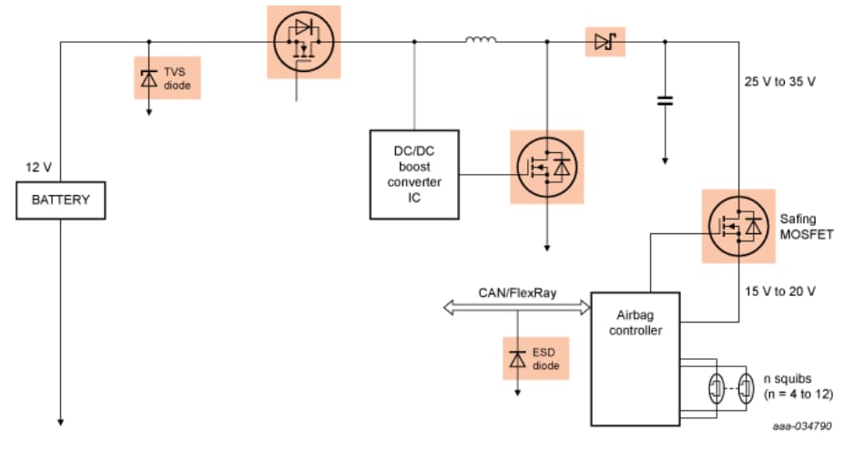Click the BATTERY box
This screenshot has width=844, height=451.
pos(62,200)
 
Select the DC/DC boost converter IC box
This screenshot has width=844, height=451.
pos(414,174)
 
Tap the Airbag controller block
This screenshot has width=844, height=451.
pos(636,359)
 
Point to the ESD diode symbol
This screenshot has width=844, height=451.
pos(518,358)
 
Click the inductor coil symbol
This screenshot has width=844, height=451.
pos(481,40)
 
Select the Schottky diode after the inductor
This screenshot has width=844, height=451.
pos(604,41)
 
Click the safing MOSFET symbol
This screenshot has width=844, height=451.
pos(737,225)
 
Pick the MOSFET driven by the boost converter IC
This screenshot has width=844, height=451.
pos(546,167)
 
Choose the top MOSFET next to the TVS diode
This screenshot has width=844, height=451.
pos(302,42)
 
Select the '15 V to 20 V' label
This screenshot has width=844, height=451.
pos(779,291)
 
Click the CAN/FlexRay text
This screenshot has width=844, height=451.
pos(518,292)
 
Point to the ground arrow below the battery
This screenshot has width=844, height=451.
pos(62,420)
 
